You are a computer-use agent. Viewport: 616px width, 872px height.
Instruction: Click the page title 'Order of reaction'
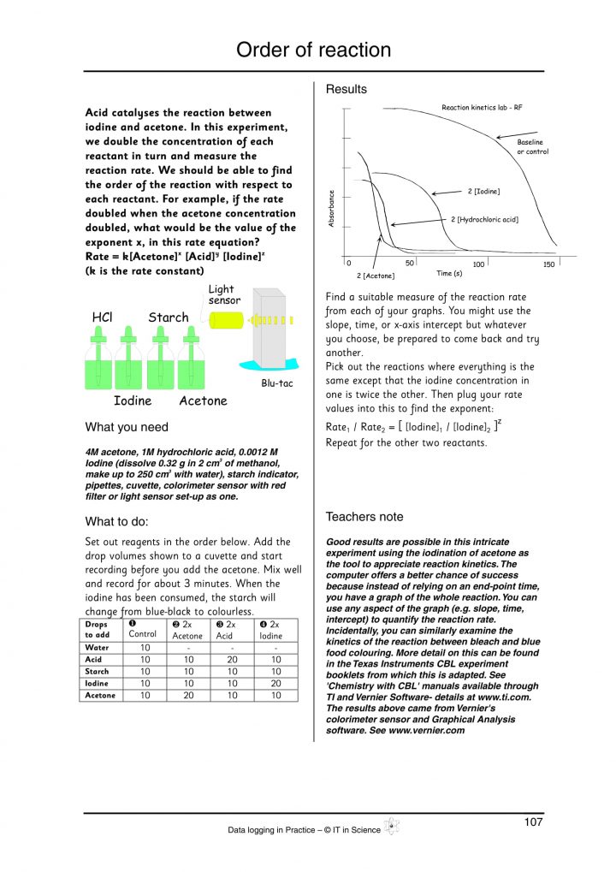[x=313, y=50]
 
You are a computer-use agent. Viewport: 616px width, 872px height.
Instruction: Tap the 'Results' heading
[x=346, y=89]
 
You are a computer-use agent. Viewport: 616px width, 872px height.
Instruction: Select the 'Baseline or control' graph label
[x=532, y=146]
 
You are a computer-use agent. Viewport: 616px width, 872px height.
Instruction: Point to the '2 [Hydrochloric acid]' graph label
[x=488, y=219]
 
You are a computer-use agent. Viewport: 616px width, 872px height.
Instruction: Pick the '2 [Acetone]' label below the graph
[x=376, y=276]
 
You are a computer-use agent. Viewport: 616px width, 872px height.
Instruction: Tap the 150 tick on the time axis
[x=549, y=264]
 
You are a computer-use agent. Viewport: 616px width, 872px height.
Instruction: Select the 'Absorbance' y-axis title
[x=332, y=208]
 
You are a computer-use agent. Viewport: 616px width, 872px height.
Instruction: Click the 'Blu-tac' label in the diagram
[x=276, y=383]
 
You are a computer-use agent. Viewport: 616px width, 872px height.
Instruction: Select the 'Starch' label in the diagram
[x=169, y=317]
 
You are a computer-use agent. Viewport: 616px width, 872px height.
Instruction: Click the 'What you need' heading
[x=127, y=427]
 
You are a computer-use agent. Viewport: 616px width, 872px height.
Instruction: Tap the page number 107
[x=533, y=822]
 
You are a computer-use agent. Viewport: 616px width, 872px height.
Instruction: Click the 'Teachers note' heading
[x=364, y=517]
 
